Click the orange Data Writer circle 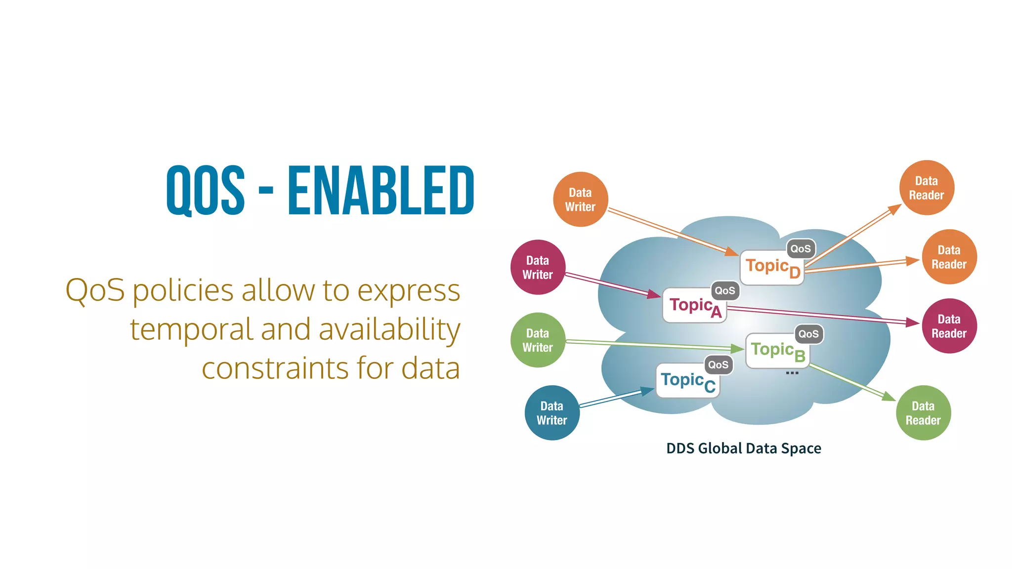pos(581,200)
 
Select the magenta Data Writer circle pos(538,267)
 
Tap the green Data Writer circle pos(538,340)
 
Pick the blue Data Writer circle pos(552,413)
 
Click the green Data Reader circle pos(923,413)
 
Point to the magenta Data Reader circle pos(949,326)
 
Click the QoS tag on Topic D pos(801,248)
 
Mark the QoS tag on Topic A pos(725,290)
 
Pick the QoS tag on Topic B pos(808,334)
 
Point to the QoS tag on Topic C pos(718,365)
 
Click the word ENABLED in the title pos(380,191)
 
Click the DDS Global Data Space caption pos(743,448)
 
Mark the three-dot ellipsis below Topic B pos(792,373)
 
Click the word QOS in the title pos(206,191)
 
